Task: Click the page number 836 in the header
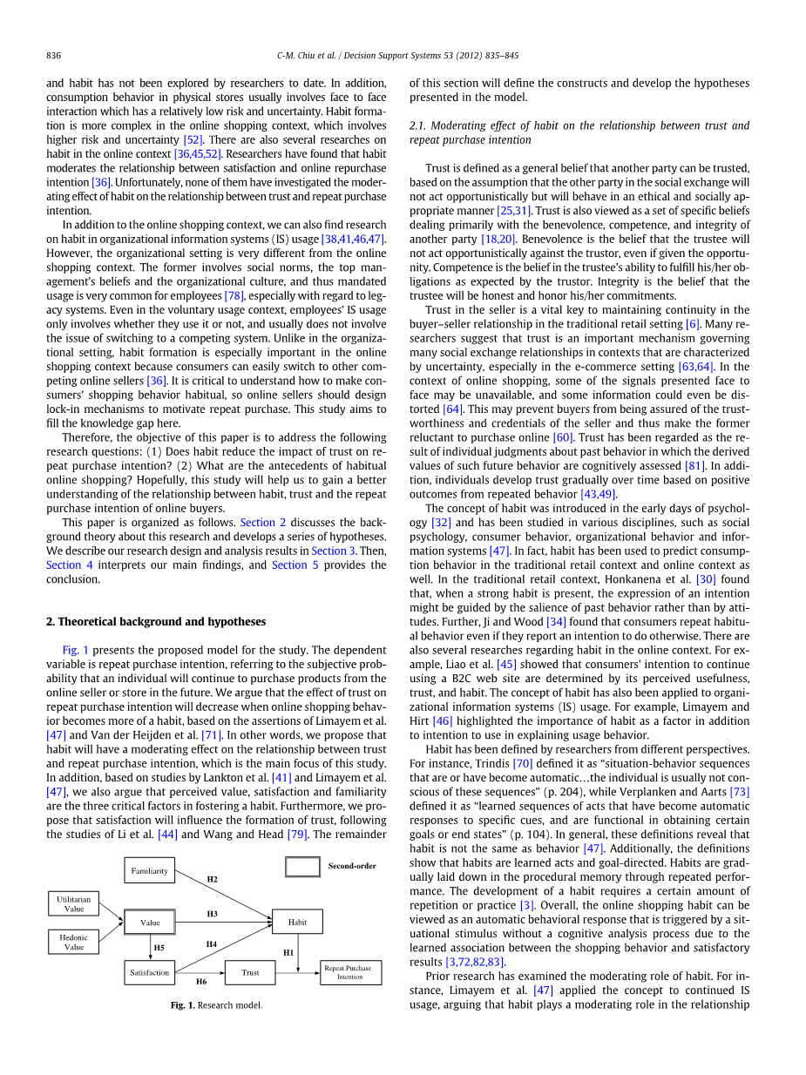[53, 56]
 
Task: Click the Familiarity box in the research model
[149, 870]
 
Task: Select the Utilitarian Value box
[74, 903]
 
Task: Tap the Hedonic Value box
[74, 942]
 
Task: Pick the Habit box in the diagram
[297, 922]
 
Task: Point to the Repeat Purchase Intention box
[350, 972]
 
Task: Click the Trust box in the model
[250, 972]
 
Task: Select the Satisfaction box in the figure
[149, 972]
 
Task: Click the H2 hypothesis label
[212, 880]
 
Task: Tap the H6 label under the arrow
[201, 981]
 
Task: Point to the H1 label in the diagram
[288, 952]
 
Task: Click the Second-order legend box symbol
[303, 867]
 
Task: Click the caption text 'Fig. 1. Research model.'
[216, 1004]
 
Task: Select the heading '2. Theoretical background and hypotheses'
[156, 621]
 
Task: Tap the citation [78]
[234, 295]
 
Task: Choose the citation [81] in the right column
[694, 465]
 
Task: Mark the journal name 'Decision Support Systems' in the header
[403, 56]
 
